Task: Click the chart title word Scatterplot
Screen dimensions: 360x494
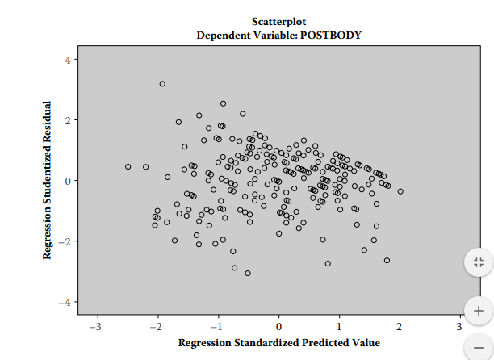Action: (278, 21)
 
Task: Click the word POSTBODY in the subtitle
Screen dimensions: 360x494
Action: (330, 36)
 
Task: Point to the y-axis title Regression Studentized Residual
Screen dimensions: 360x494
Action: (48, 180)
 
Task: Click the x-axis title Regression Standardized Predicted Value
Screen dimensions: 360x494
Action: (278, 343)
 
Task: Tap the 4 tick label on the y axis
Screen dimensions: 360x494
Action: (68, 60)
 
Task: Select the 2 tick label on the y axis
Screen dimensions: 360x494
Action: (68, 120)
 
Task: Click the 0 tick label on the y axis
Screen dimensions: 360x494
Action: (68, 181)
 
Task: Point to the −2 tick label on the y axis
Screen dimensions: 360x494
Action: (65, 241)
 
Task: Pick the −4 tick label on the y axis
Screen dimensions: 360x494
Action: (65, 302)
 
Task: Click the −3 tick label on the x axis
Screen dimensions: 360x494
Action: (94, 326)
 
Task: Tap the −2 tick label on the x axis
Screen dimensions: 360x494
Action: (155, 326)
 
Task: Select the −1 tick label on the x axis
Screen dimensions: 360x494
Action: (216, 326)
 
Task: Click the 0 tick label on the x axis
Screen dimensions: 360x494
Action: (278, 326)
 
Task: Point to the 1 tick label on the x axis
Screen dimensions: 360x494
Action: (339, 326)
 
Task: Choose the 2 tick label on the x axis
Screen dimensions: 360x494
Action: (400, 326)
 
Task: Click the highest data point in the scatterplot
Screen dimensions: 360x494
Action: (162, 84)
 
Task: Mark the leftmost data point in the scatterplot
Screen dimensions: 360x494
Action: (128, 167)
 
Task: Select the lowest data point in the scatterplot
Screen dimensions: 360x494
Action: (248, 273)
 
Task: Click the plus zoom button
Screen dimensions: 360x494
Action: (478, 310)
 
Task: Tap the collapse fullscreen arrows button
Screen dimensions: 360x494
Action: (478, 262)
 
